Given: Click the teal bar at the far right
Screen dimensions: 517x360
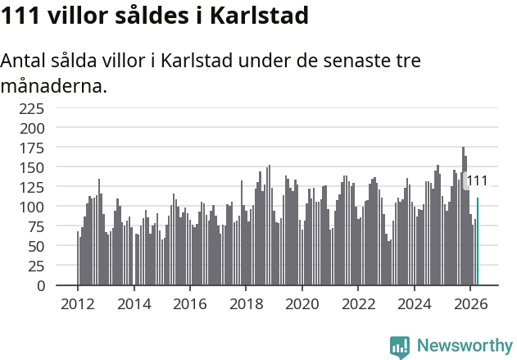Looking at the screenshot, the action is click(478, 241).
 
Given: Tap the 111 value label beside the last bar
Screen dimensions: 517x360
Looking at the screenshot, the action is click(477, 181).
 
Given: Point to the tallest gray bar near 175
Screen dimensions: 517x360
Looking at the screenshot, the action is click(463, 216).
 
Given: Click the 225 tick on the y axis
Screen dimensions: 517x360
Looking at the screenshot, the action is click(32, 108).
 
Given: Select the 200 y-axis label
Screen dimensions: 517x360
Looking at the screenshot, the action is click(32, 129).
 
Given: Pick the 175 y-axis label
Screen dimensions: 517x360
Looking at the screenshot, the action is click(32, 148).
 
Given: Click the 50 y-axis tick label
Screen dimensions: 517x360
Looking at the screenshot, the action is click(36, 246).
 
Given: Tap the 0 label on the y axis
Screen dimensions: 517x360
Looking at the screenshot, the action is click(40, 285).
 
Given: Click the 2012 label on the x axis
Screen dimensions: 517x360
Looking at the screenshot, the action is click(78, 304).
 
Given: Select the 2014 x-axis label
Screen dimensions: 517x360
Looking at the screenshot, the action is click(134, 304).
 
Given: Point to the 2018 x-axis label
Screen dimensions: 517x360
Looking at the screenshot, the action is click(247, 304).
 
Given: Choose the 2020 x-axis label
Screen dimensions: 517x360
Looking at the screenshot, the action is click(302, 304).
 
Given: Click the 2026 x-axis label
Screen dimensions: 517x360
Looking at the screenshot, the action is click(470, 304).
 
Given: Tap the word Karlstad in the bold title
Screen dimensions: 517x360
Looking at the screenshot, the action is click(259, 16).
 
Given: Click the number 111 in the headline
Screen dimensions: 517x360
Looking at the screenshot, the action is click(20, 16).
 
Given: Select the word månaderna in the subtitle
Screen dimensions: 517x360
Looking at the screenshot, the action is click(54, 86).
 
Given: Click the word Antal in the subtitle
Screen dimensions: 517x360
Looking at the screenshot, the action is click(23, 61).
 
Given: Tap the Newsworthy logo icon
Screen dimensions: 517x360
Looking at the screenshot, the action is click(400, 347).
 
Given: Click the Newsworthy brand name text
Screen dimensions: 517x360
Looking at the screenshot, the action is click(465, 345).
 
